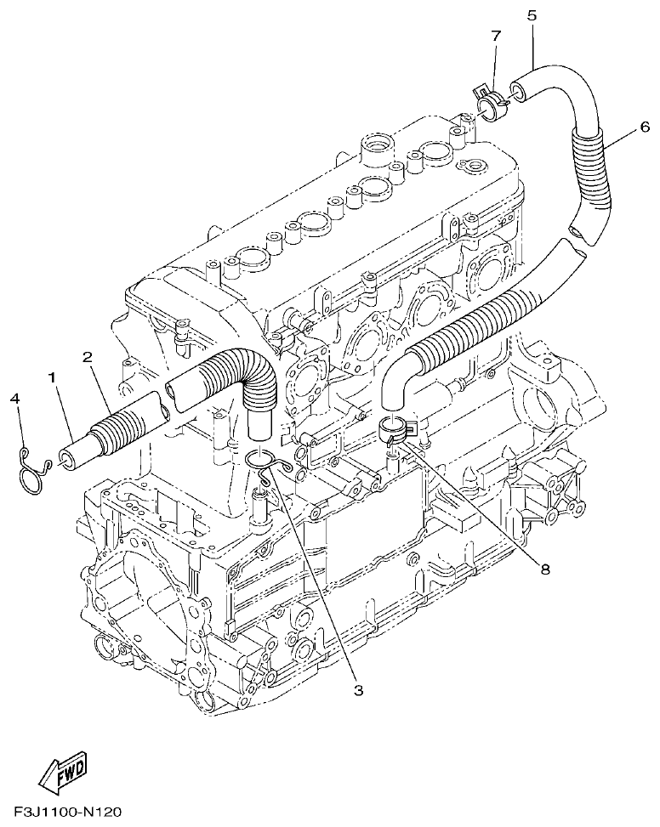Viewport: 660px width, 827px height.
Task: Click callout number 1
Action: (x=53, y=376)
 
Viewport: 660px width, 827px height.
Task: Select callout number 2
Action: (x=87, y=357)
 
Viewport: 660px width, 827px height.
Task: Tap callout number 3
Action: (x=358, y=690)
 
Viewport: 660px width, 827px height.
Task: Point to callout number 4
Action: (x=15, y=399)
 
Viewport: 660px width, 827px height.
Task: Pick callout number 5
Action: (x=532, y=15)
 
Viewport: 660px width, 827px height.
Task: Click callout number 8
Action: (x=545, y=569)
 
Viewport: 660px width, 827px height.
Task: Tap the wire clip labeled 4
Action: (x=31, y=467)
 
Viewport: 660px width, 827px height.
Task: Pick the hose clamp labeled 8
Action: (x=395, y=429)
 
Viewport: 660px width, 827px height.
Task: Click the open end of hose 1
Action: (x=65, y=460)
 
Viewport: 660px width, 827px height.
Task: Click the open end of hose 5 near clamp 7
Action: (x=516, y=89)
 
